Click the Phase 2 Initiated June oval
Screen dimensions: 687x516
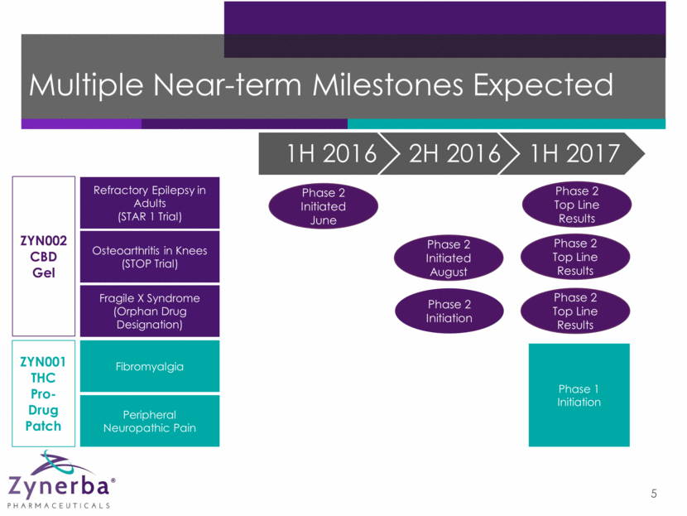324,206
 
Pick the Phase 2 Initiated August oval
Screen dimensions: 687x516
449,258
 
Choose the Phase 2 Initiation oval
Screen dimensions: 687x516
449,311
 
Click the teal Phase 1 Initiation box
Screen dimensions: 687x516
579,395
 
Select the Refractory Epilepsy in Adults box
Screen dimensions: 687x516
150,203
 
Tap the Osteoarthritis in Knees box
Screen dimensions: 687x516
150,257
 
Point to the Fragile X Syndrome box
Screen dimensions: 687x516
150,311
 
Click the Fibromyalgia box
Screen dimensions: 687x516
150,366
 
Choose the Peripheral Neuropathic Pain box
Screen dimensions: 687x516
150,421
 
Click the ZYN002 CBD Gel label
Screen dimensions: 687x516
44,257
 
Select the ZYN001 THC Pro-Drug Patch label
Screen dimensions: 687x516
43,393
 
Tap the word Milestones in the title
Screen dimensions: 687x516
387,84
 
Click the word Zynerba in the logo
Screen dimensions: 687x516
58,485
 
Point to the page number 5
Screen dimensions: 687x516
654,494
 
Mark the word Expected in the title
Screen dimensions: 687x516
543,85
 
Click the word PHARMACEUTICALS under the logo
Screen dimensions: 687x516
58,506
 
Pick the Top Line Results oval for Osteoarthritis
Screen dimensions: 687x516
575,257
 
